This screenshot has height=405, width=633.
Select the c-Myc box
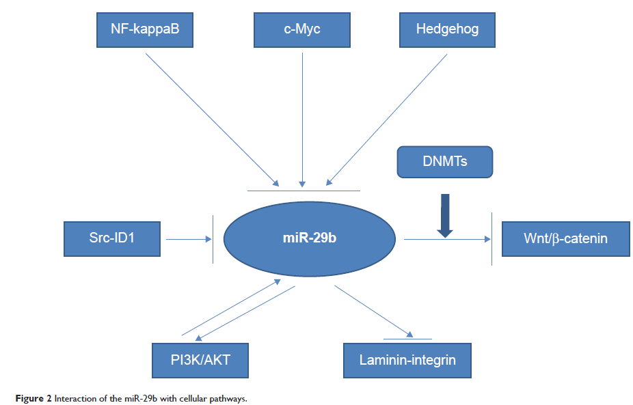tap(301, 29)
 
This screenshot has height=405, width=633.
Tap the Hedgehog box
tap(447, 29)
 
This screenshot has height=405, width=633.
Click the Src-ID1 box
tap(111, 239)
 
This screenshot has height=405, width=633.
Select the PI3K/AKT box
tap(200, 359)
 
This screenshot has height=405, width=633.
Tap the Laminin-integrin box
tap(407, 359)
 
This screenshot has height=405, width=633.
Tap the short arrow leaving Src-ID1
tap(187, 239)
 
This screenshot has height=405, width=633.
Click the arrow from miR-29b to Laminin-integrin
tap(373, 311)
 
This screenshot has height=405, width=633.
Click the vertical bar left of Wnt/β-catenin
tap(493, 239)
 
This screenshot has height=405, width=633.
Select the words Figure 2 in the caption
tap(27, 397)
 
